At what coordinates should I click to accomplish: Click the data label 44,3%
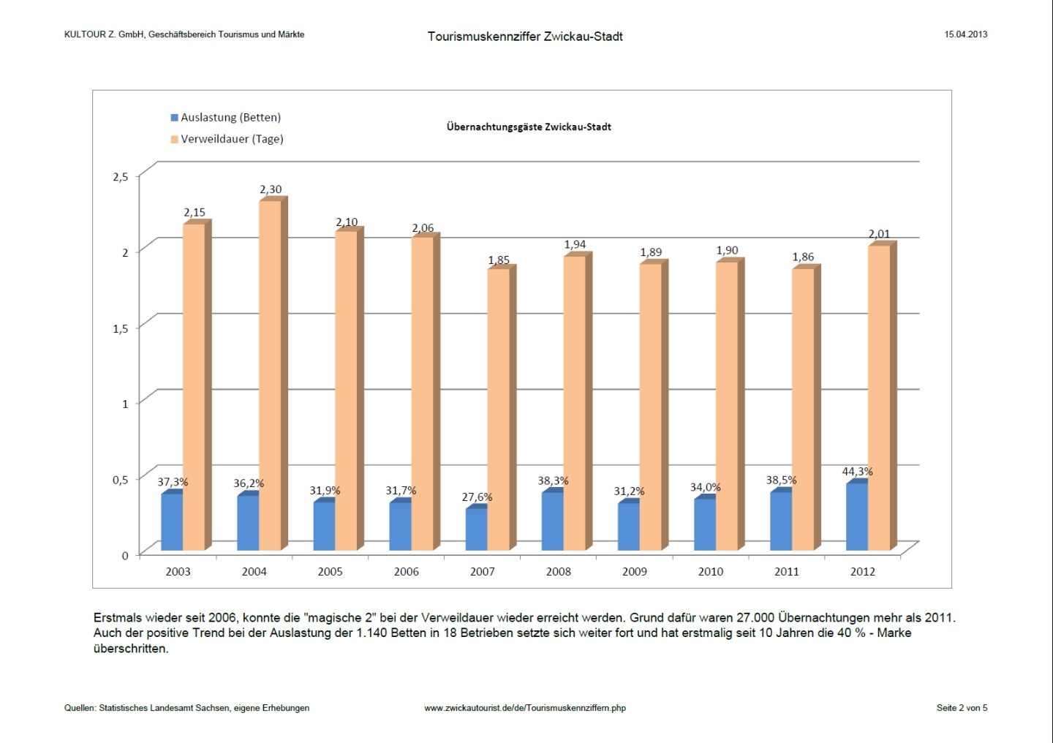[857, 472]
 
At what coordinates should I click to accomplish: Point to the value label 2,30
[271, 189]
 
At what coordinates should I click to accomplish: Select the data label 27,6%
[477, 497]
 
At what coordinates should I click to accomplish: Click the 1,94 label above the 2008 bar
[575, 244]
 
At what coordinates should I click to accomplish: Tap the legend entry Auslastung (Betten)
[230, 117]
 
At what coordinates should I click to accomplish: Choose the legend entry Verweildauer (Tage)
[232, 139]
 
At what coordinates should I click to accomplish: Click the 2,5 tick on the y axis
[121, 176]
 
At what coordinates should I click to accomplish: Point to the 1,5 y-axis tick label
[121, 328]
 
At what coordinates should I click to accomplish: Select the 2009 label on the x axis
[634, 571]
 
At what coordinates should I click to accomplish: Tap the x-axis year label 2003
[178, 571]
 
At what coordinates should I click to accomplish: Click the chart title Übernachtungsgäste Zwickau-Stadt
[529, 127]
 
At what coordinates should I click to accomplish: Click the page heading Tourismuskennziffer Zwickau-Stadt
[525, 36]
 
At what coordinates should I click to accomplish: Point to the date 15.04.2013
[965, 34]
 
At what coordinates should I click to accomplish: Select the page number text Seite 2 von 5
[962, 708]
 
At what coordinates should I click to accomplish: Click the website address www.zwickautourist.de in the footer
[525, 708]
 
